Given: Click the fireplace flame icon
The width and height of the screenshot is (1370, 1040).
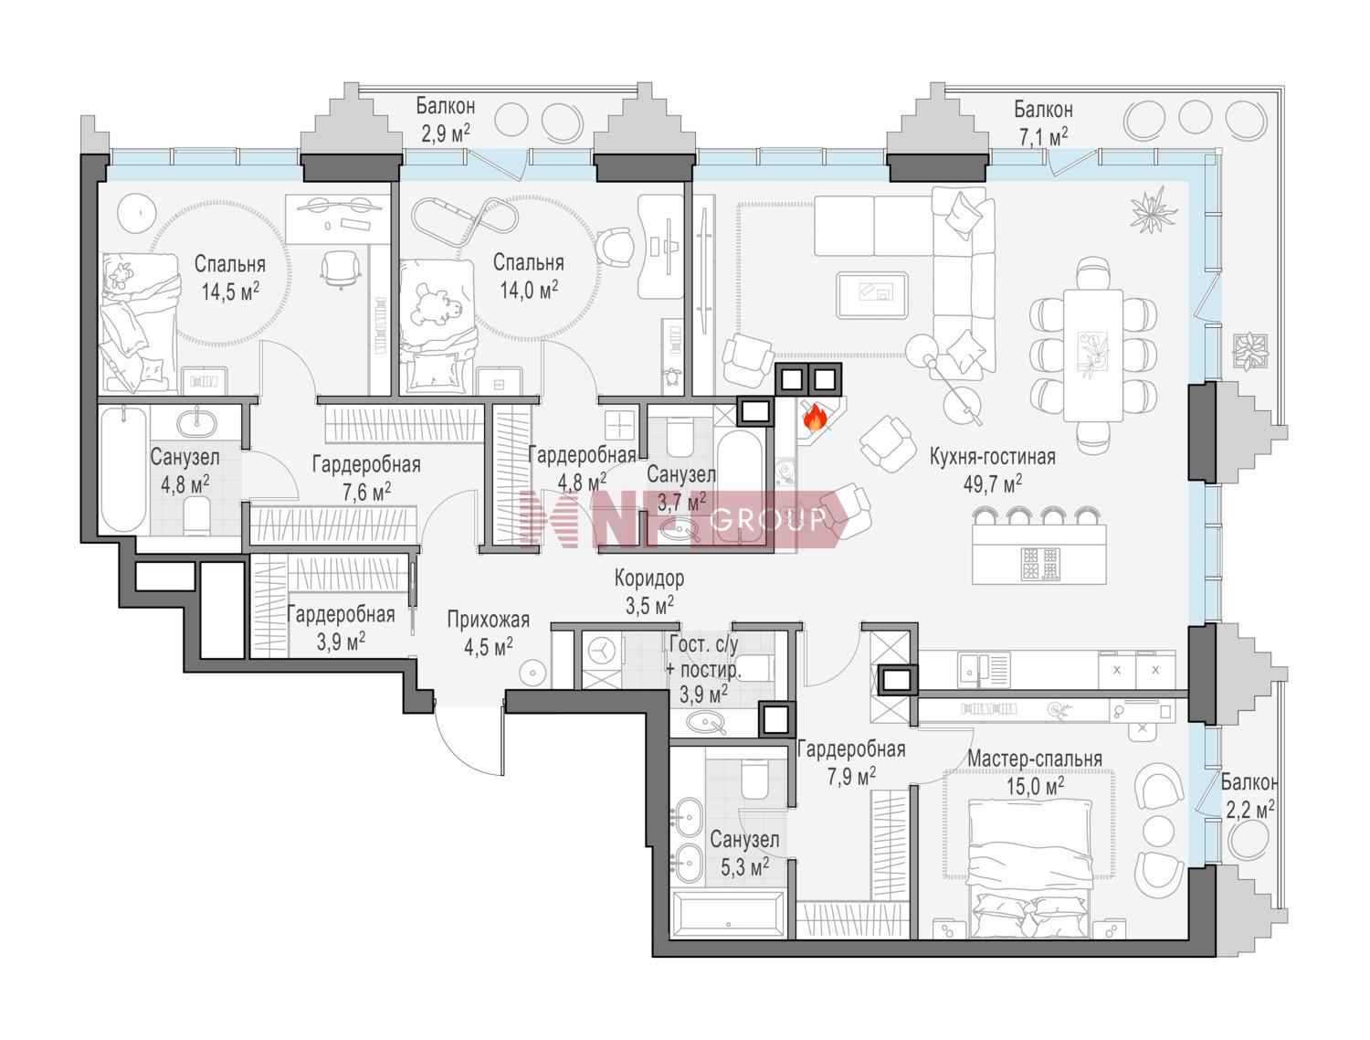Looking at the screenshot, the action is (x=813, y=418).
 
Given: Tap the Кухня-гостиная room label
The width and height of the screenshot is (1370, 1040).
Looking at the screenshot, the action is (x=993, y=456).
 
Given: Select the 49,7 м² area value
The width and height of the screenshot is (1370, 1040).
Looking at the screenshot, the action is (x=993, y=483).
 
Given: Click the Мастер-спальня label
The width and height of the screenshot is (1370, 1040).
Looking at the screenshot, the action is (x=1035, y=759).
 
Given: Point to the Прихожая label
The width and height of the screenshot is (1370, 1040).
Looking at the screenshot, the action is (x=488, y=620).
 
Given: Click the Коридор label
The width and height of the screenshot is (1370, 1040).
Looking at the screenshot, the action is (x=649, y=578).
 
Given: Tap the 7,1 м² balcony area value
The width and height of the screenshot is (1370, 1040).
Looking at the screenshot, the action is (x=1043, y=137).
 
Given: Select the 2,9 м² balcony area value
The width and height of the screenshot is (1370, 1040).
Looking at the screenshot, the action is (x=446, y=133).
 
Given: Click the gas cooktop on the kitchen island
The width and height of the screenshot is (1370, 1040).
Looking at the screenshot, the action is (x=1039, y=564).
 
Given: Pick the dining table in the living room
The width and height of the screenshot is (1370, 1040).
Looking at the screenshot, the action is (x=1093, y=356).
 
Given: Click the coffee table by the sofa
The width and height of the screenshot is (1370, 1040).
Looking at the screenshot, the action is (x=872, y=295).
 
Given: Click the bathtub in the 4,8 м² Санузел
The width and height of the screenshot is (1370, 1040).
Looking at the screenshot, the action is (x=123, y=469).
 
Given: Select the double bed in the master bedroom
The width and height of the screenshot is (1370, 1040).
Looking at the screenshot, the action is (x=1030, y=869).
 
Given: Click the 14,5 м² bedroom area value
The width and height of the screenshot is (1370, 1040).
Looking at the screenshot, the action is (x=230, y=292).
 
